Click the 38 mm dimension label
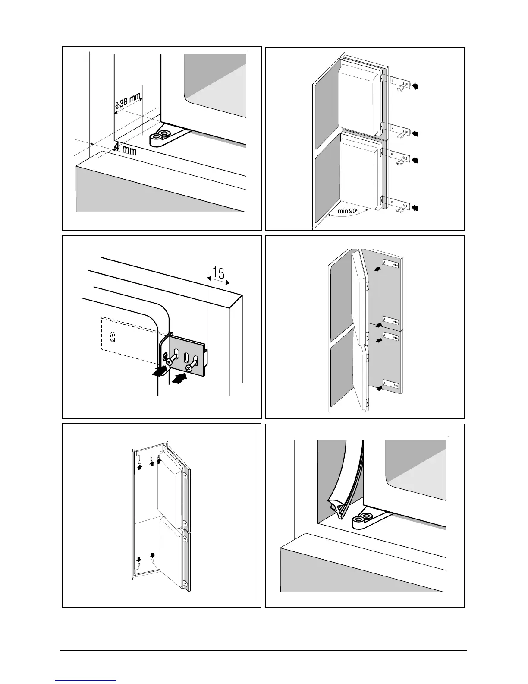(130, 101)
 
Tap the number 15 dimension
(218, 273)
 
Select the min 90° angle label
(349, 211)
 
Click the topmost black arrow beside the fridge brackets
(415, 86)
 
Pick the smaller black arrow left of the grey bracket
(160, 370)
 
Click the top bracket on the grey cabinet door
(390, 264)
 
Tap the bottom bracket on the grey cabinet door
(390, 383)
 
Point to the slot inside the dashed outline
(113, 336)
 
